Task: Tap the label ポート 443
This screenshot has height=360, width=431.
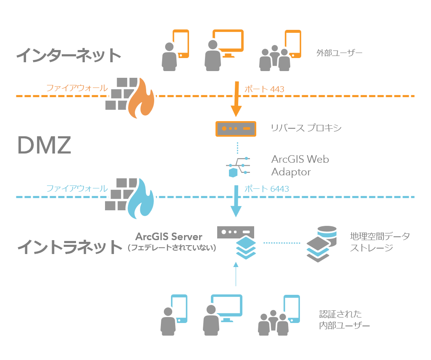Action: [264, 89]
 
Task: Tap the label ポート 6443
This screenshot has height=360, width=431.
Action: [267, 189]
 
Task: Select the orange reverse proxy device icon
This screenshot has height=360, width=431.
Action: [236, 128]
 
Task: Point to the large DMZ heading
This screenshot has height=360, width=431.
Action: [44, 146]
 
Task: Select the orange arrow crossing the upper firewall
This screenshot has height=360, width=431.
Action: [236, 99]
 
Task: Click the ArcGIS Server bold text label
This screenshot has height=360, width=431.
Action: [169, 237]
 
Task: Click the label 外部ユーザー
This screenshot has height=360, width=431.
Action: [339, 53]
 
